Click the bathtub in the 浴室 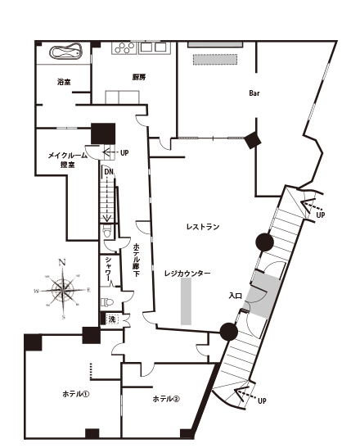66,52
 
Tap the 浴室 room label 64,82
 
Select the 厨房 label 139,77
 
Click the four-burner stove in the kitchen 124,48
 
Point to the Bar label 254,93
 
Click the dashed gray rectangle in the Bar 215,60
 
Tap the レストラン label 203,227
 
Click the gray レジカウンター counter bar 186,301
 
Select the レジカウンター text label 187,274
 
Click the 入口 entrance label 236,296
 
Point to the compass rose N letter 61,263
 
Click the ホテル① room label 75,394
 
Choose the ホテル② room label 166,399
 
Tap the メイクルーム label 67,156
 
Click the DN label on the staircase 109,172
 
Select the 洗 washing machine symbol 112,319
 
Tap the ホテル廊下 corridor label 137,260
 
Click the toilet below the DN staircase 106,231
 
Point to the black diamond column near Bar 253,140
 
